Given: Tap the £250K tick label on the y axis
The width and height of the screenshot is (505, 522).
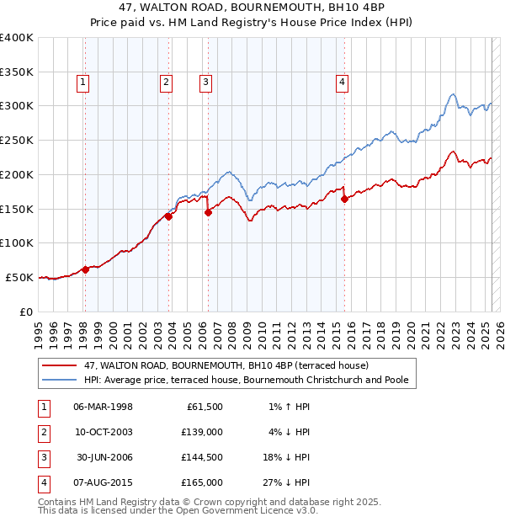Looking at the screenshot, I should tap(18, 140).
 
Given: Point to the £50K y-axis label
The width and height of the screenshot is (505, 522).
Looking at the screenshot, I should tap(20, 277).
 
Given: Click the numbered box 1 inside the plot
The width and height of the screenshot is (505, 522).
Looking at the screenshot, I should tap(84, 82).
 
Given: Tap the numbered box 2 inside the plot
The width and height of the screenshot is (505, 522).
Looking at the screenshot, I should tap(167, 82).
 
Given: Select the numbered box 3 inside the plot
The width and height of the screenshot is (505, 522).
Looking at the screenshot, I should tap(206, 82).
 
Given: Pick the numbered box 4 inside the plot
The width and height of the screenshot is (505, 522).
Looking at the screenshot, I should tap(343, 82).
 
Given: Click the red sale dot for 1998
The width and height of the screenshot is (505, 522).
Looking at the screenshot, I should tap(85, 269).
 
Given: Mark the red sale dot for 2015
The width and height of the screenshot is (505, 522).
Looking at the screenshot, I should tap(344, 200).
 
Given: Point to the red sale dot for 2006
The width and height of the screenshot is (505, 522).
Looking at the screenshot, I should tap(208, 213).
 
